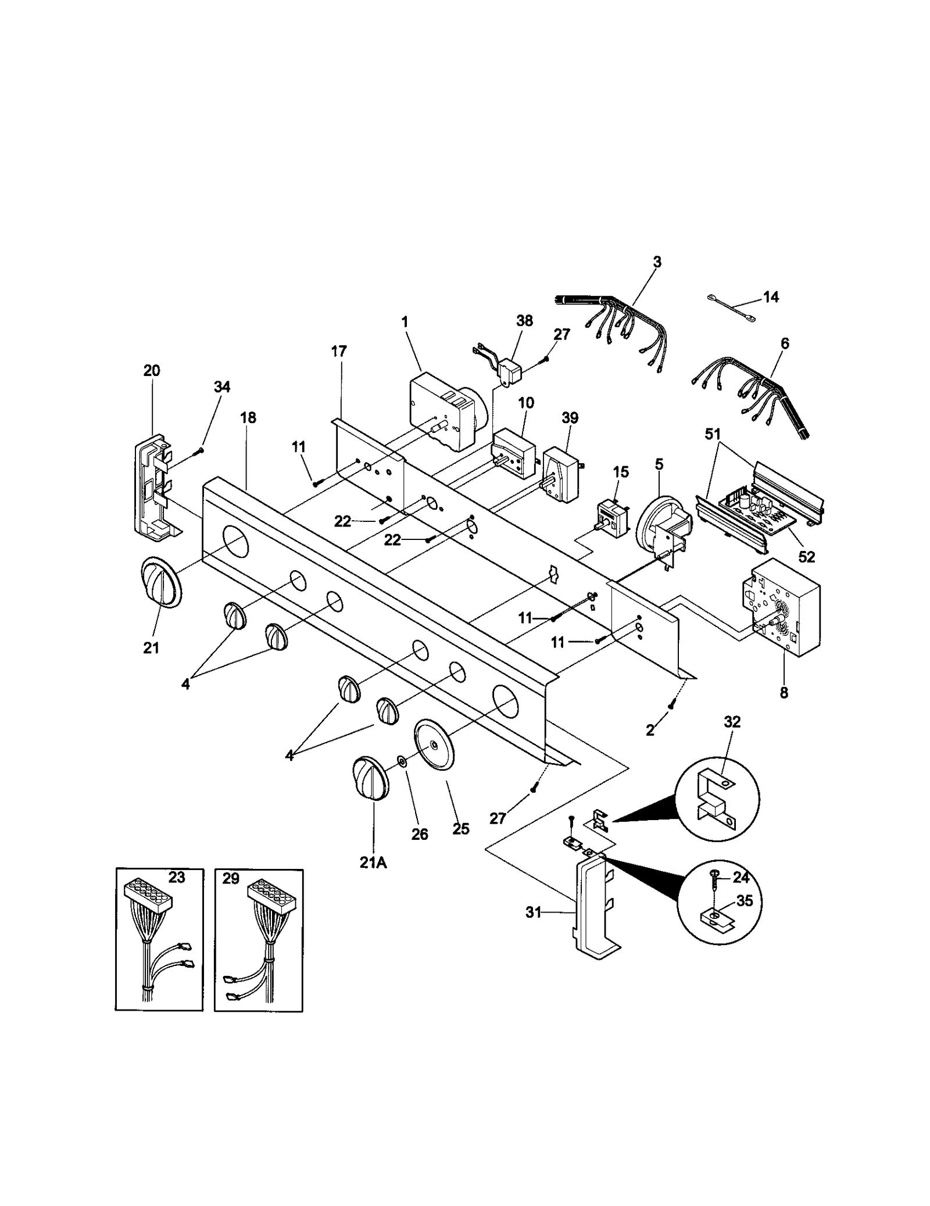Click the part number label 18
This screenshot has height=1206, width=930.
(248, 417)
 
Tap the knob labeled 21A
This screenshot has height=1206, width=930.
(371, 778)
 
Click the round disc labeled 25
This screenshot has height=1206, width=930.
(435, 746)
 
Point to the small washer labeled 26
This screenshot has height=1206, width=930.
(402, 761)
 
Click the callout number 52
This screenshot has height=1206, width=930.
(806, 556)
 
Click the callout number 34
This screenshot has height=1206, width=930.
(222, 387)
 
